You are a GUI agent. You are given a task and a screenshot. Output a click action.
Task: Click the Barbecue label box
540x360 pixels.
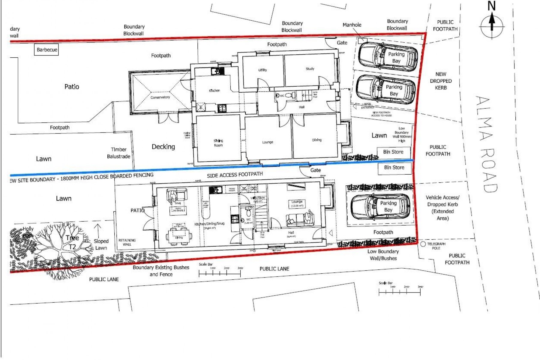tap(47, 50)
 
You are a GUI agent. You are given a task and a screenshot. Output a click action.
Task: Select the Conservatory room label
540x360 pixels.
tap(160, 97)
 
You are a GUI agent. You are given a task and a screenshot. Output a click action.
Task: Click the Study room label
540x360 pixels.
tap(310, 69)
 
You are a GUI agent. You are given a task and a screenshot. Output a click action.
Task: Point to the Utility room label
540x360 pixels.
tap(262, 70)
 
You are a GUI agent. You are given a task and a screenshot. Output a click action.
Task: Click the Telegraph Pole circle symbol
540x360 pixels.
tap(423, 244)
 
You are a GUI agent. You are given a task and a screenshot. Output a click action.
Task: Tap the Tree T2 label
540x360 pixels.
tap(72, 242)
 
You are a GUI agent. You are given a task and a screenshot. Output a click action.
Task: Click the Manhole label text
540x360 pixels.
tap(352, 25)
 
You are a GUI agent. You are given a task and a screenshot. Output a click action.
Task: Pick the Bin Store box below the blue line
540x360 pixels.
tap(394, 167)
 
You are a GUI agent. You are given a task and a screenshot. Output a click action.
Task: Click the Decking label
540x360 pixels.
tap(163, 147)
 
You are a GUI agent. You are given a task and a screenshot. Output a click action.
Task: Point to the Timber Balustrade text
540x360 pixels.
tap(118, 153)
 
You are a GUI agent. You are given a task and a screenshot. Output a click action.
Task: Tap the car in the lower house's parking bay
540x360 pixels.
tap(380, 207)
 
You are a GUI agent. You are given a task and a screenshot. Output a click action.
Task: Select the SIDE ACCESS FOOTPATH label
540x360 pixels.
tap(235, 174)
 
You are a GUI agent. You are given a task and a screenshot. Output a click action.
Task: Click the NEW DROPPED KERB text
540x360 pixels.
tap(441, 81)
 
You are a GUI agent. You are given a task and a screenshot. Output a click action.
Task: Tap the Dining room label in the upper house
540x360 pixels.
tap(316, 140)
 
